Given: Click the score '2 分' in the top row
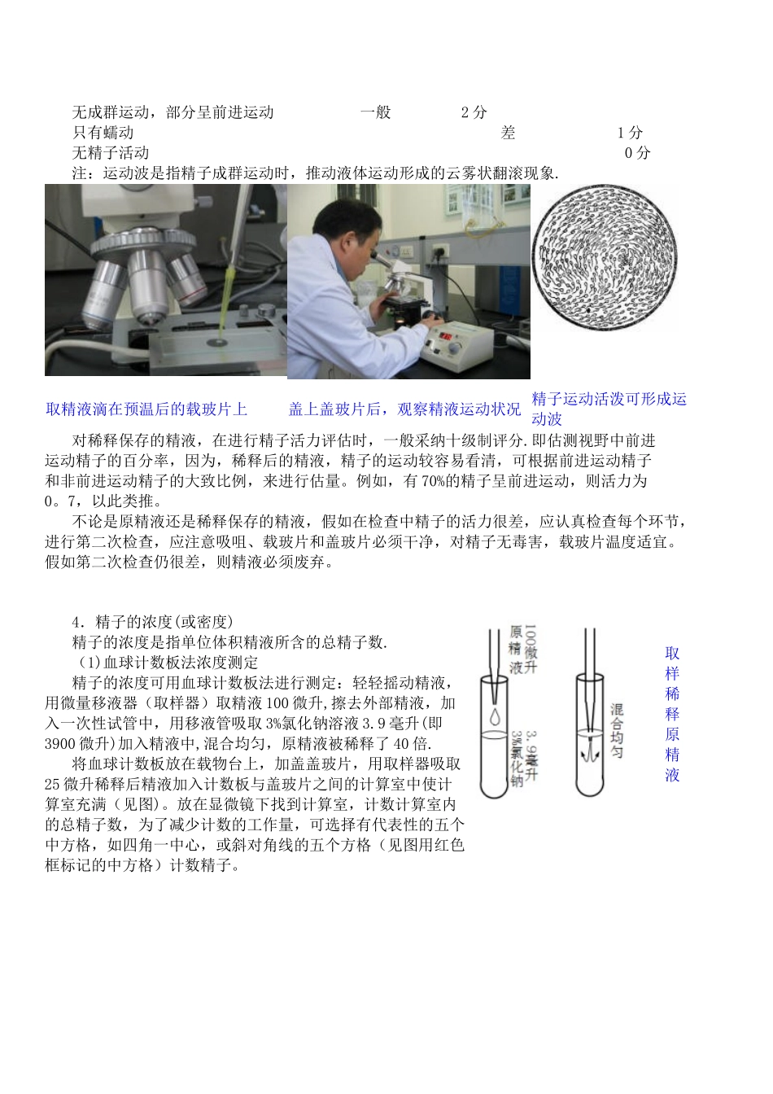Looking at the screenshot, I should point(474,112).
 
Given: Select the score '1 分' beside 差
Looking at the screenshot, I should point(630,133).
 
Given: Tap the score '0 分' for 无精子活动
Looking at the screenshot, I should point(638,152).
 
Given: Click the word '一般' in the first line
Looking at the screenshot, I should point(376,112).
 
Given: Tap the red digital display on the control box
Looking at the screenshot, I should point(453,335).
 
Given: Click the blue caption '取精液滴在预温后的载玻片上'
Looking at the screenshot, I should point(146,409).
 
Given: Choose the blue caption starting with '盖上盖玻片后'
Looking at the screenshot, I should point(404,409).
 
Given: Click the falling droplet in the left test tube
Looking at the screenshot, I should point(496,716).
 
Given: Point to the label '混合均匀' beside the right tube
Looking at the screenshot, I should point(618,731).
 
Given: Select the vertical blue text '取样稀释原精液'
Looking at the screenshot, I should point(672,714).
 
